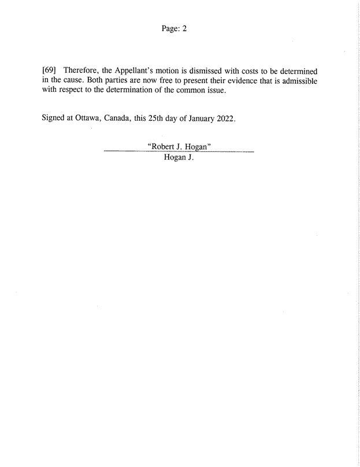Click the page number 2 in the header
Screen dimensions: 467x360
(x=184, y=28)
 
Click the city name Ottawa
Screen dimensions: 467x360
(x=87, y=119)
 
